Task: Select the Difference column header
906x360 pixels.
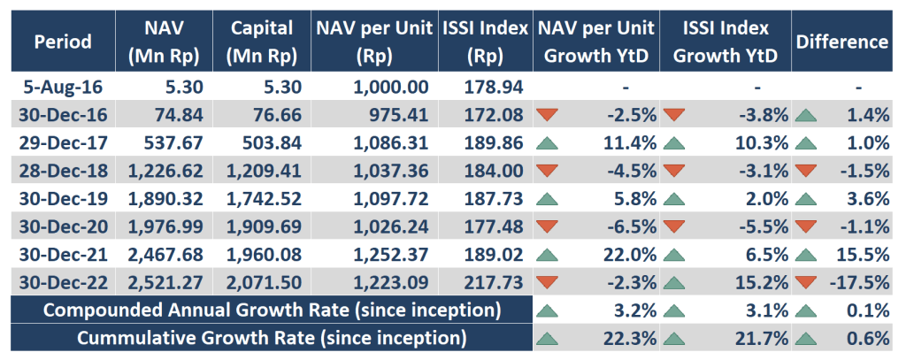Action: pyautogui.click(x=841, y=42)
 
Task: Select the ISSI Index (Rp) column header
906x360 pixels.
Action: pyautogui.click(x=484, y=42)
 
